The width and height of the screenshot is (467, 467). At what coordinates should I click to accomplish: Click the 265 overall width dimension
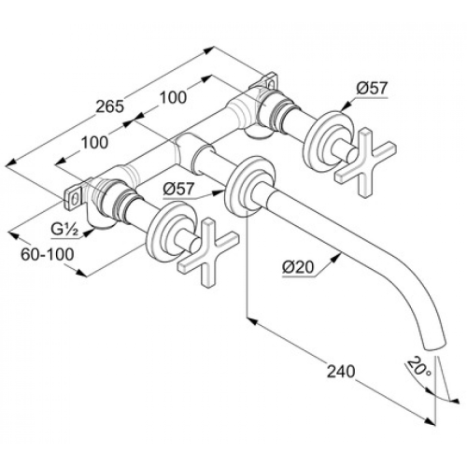pyautogui.click(x=109, y=106)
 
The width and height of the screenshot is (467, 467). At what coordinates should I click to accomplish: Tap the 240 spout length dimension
pyautogui.click(x=341, y=372)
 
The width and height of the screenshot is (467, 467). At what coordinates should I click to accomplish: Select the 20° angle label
pyautogui.click(x=418, y=367)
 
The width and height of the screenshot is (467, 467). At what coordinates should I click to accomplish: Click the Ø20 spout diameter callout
pyautogui.click(x=298, y=267)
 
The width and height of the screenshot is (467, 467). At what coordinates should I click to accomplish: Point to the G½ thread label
pyautogui.click(x=64, y=231)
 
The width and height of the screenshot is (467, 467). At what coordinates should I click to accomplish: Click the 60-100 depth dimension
pyautogui.click(x=48, y=254)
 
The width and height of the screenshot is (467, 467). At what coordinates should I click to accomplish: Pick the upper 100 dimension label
pyautogui.click(x=174, y=97)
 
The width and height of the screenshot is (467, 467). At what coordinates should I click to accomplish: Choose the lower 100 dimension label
pyautogui.click(x=94, y=143)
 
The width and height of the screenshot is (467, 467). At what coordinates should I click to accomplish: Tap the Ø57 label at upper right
pyautogui.click(x=372, y=89)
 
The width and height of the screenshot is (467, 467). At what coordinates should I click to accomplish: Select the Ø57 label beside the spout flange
pyautogui.click(x=178, y=189)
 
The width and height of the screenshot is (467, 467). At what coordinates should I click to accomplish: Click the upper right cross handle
pyautogui.click(x=365, y=163)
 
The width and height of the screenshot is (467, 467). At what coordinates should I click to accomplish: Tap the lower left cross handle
pyautogui.click(x=208, y=252)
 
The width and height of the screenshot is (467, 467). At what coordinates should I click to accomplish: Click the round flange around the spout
pyautogui.click(x=250, y=185)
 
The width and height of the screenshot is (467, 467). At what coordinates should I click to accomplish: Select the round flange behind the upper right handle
pyautogui.click(x=330, y=139)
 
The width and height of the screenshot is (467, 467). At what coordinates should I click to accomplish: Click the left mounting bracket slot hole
pyautogui.click(x=75, y=198)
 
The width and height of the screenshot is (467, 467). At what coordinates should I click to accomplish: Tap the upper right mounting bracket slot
pyautogui.click(x=272, y=83)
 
